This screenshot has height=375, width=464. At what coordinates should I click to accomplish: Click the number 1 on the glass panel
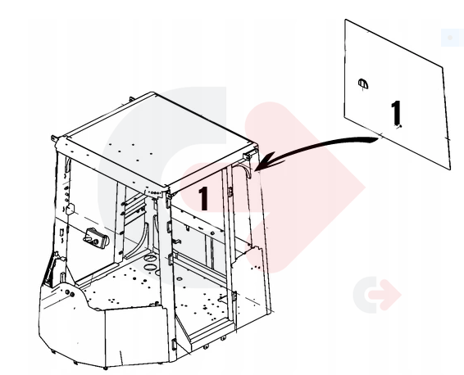click(396, 113)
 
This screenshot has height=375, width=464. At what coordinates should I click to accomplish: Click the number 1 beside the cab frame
click(203, 199)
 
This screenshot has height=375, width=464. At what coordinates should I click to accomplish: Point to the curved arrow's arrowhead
click(268, 161)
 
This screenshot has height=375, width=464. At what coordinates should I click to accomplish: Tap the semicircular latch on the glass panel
click(363, 84)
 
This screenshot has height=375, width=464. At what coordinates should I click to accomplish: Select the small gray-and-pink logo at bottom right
click(377, 294)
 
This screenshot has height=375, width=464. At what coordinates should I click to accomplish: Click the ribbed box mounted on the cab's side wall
click(95, 238)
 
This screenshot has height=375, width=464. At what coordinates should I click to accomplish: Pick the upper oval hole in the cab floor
click(150, 258)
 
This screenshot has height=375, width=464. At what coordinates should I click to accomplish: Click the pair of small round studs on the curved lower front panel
click(70, 293)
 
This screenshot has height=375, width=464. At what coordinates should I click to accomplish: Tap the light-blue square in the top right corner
click(453, 38)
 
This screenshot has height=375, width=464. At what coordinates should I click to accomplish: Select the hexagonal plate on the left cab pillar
click(71, 209)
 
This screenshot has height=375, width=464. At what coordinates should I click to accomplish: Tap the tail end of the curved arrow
click(375, 140)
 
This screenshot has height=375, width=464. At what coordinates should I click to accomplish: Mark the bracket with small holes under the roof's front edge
click(153, 193)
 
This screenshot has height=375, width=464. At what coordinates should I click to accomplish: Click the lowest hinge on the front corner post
click(174, 345)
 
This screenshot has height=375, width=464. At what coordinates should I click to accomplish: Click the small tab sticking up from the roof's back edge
click(130, 99)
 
